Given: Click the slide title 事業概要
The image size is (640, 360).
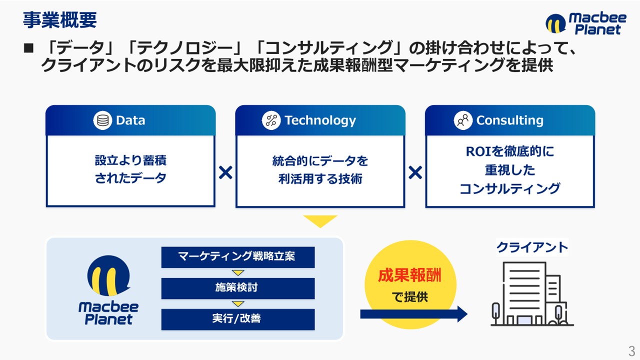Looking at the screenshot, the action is point(60,20).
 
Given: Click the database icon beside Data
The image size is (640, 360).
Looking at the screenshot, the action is point(102,120).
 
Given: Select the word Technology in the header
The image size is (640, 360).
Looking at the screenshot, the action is point(320,120).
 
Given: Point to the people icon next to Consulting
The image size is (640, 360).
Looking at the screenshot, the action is point(463,120).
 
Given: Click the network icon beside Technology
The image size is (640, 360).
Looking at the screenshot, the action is point(271,120).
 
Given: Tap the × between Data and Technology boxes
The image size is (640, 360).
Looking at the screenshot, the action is point(225,172).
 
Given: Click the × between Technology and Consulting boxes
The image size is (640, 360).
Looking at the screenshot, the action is point(415,172).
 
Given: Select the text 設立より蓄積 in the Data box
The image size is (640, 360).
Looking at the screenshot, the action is point(130,160).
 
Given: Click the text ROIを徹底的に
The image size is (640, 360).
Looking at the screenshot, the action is point(510,151).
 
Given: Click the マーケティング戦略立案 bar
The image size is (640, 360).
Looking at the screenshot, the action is point(238,257).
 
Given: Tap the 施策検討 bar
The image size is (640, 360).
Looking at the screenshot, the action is point(238,288).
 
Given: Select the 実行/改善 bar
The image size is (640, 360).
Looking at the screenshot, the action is point(238,319).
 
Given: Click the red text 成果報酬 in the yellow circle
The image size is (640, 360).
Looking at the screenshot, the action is point(409,275).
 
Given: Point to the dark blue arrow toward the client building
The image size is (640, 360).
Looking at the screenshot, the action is point(413,314).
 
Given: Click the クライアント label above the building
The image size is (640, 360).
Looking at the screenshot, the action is point(532,247).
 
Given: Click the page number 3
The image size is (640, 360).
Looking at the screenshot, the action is point(631,350).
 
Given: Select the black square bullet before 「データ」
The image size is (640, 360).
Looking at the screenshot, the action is point(28,48).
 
